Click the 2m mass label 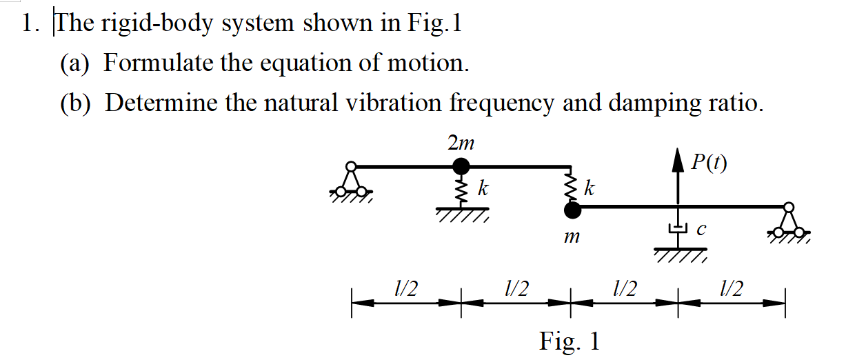pyautogui.click(x=461, y=143)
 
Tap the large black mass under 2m pyautogui.click(x=461, y=166)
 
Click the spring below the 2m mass pyautogui.click(x=461, y=188)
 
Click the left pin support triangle pyautogui.click(x=352, y=181)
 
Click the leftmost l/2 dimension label pyautogui.click(x=405, y=289)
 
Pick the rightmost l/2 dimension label pyautogui.click(x=731, y=289)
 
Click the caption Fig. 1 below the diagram pyautogui.click(x=570, y=341)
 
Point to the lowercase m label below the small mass pyautogui.click(x=570, y=238)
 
